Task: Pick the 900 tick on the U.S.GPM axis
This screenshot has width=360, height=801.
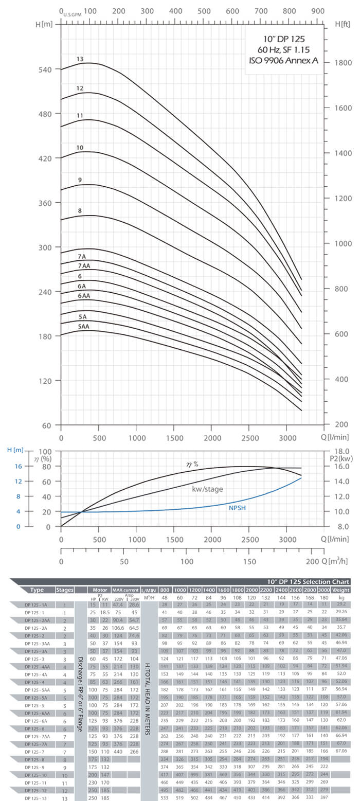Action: [318, 11]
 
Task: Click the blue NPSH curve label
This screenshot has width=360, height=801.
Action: [238, 508]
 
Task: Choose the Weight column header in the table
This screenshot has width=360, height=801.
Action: [341, 590]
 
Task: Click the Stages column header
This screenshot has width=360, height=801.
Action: [65, 590]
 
